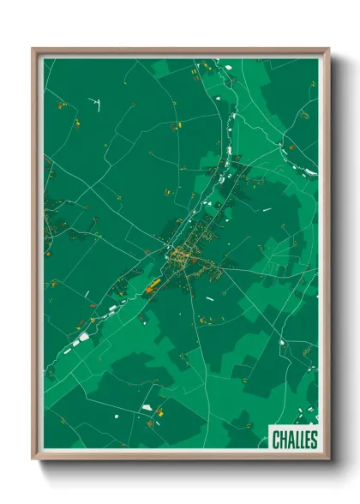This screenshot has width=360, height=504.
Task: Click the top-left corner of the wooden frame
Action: click(33, 49)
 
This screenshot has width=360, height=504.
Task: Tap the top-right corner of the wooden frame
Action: click(328, 49)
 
